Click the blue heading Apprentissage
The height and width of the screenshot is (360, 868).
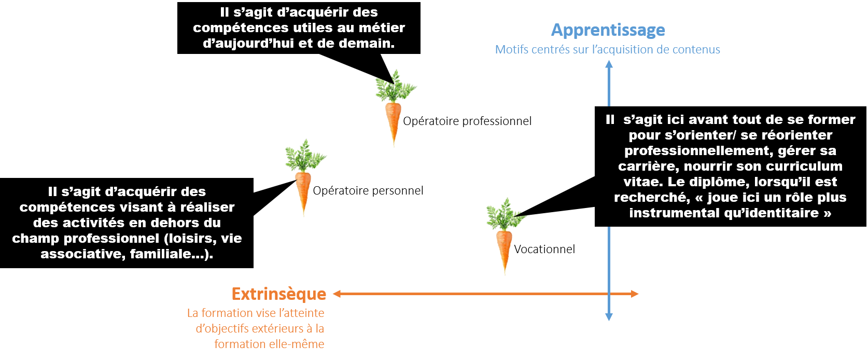coord(608,30)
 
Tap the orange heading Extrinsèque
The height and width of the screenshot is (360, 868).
coord(279,294)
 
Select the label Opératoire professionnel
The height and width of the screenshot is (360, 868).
coord(467,121)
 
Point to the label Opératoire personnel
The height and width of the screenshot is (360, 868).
coord(368,191)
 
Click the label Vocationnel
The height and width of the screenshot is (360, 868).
coord(544,249)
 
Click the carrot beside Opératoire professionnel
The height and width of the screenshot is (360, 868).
coord(395,108)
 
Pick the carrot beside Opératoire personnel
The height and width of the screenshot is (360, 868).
coord(304,177)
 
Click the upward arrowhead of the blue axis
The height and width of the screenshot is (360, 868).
coord(609,64)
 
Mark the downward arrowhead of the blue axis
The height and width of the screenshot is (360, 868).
coord(609,316)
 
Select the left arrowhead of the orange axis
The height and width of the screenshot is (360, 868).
coord(337,294)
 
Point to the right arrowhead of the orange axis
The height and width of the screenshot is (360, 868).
coord(634,294)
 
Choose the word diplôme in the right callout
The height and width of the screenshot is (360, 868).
coord(715,182)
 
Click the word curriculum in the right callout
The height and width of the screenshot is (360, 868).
coord(803,166)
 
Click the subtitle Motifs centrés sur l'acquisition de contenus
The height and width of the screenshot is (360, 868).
coord(608,50)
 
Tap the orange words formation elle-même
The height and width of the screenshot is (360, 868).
coord(269,344)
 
